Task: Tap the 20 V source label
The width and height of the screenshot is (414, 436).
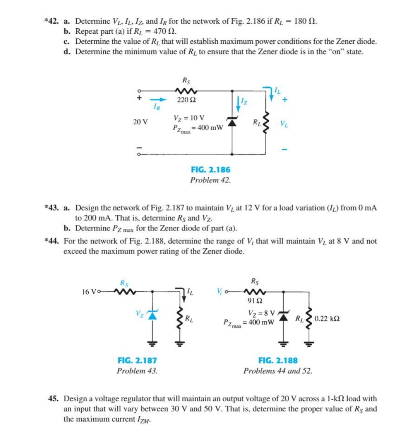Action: tap(140, 122)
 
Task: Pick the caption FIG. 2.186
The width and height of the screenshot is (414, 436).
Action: tap(211, 170)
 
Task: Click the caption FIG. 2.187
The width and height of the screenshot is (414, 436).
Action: tap(137, 360)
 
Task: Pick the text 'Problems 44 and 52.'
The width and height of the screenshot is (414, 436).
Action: tap(278, 371)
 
